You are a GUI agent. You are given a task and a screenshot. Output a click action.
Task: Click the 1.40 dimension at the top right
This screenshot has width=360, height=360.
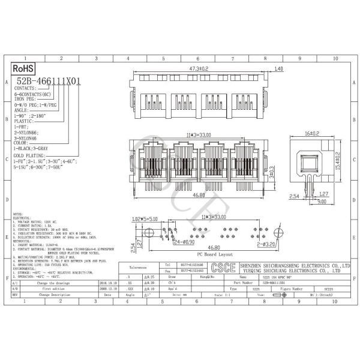278,70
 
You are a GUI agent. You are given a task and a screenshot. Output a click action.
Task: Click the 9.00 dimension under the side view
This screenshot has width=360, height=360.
322,202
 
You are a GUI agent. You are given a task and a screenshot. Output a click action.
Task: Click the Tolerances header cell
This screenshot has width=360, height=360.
139,268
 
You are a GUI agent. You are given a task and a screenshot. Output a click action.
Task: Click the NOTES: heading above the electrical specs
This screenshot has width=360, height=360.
19,213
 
